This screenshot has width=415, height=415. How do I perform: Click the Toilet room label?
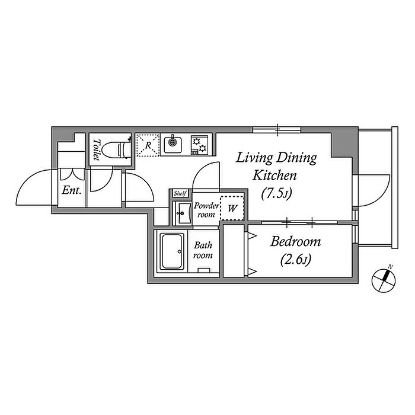tap(96, 150)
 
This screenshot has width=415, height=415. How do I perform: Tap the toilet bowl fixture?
tap(116, 150)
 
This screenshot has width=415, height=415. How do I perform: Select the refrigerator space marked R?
tap(148, 145)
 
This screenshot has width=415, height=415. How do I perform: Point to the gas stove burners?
tap(199, 145)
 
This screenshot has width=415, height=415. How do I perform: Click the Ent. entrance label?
tap(72, 190)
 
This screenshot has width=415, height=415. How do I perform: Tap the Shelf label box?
tap(180, 193)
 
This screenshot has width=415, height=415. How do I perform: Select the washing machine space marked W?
tap(232, 208)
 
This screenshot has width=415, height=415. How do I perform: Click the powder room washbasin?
tap(183, 213)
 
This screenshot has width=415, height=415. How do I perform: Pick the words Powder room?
tap(206, 210)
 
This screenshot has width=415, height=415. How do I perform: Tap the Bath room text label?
tap(203, 250)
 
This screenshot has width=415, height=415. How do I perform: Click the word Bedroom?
tap(295, 242)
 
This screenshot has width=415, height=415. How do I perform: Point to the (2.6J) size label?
tap(296, 260)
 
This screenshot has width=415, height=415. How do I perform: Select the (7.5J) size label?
tap(276, 193)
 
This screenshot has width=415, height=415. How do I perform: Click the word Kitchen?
tap(274, 175)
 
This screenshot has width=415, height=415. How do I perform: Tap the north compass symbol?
tap(384, 280)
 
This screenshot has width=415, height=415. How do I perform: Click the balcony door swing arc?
tap(383, 196)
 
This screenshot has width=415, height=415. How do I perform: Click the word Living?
tap(254, 158)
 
